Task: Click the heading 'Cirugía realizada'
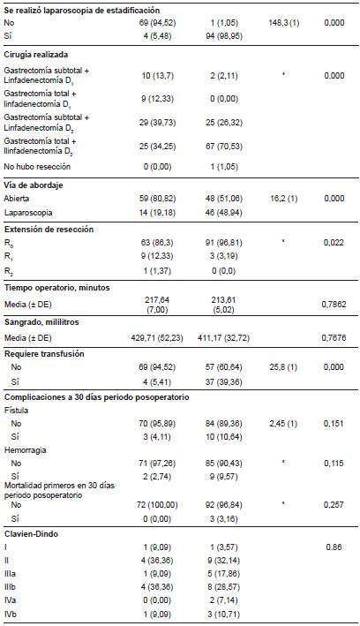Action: point(38,55)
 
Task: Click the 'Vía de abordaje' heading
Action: point(34,185)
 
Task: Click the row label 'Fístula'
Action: point(17,409)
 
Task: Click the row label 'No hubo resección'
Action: point(40,166)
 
